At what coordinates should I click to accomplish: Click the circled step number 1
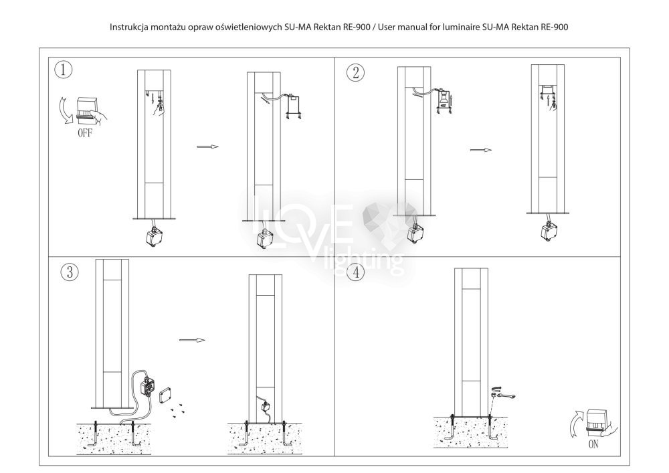click(64, 70)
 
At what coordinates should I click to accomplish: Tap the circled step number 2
click(355, 73)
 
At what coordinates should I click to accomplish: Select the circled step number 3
click(70, 272)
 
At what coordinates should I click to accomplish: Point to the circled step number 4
click(356, 272)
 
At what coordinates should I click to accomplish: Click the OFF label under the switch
click(85, 133)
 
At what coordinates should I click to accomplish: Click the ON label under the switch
click(593, 444)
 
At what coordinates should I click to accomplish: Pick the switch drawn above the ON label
click(600, 423)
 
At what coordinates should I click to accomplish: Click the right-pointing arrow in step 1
click(208, 147)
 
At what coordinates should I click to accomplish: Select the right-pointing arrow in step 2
click(481, 150)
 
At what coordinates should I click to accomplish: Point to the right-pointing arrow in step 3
click(193, 340)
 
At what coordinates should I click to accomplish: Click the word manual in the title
click(411, 27)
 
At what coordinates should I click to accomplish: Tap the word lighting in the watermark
click(363, 260)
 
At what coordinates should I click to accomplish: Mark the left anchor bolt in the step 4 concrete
click(452, 427)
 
